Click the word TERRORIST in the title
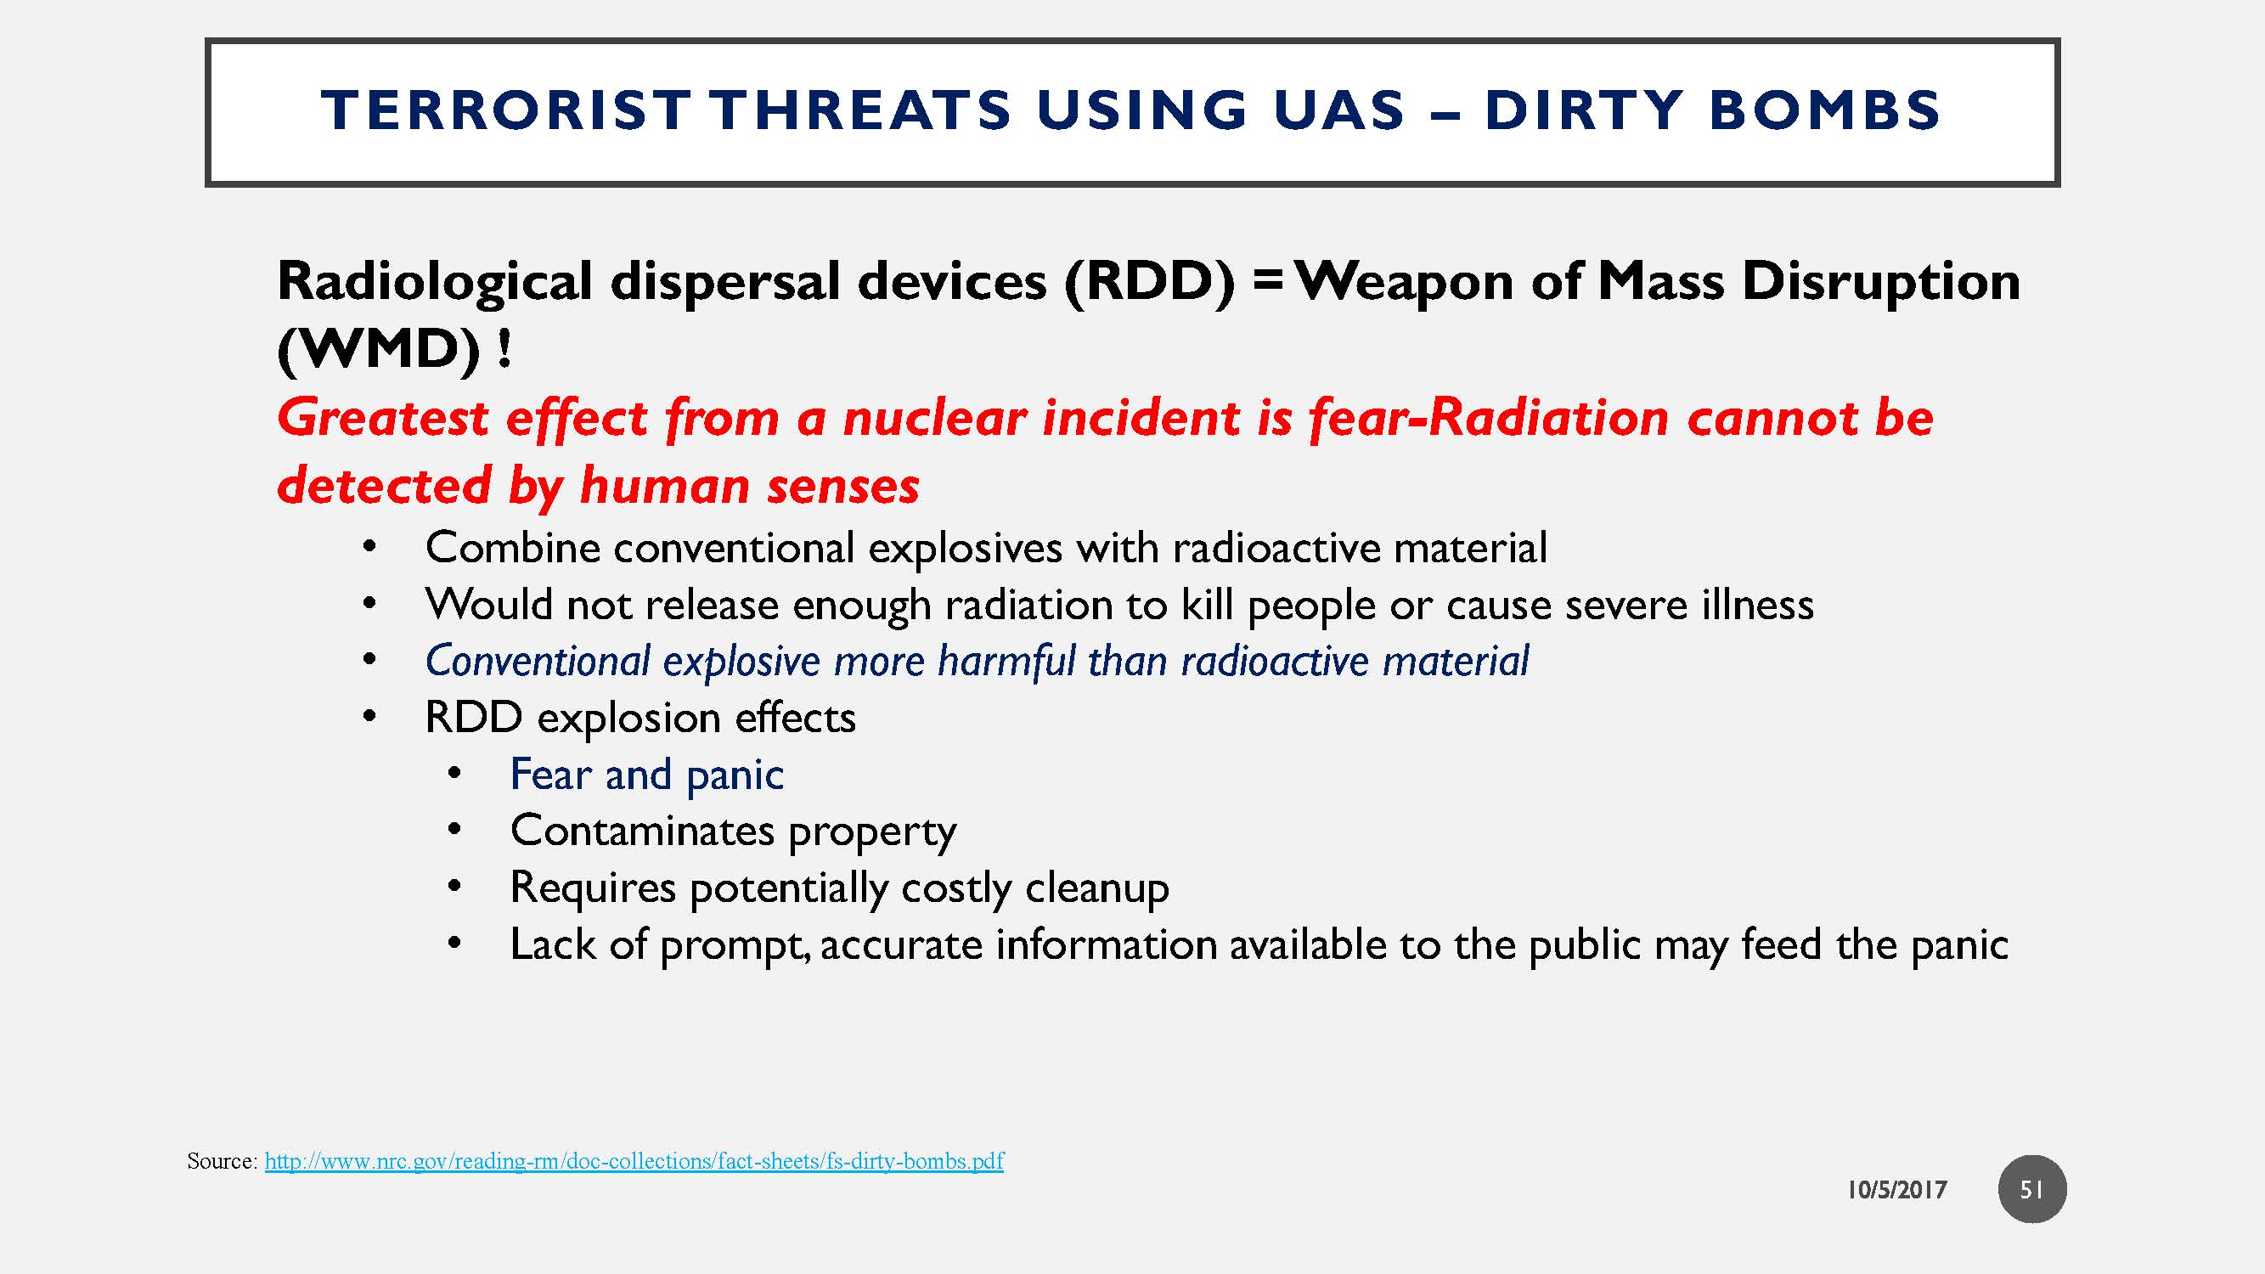505,110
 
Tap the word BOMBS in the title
1824,110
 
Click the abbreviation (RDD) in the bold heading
1149,282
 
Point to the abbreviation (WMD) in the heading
379,351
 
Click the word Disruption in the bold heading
1881,282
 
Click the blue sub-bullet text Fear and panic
646,775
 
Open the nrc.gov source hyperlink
633,1161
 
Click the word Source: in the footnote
222,1161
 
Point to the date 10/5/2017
1896,1191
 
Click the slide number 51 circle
2031,1190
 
